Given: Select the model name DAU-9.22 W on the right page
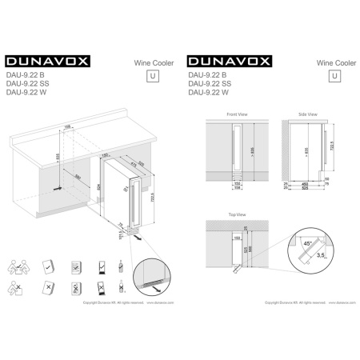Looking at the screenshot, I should click(206, 93).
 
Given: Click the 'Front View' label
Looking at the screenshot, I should click(237, 114).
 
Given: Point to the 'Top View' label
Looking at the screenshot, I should click(235, 217).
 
